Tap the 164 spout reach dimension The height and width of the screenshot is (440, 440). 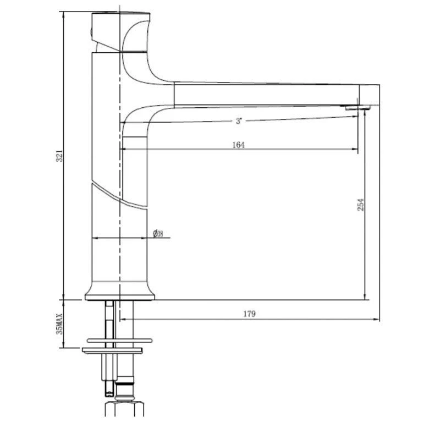point(239,145)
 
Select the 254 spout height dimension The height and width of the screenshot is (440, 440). point(361,205)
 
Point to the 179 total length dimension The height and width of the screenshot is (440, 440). point(249,314)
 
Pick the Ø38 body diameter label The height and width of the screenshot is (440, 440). point(158,234)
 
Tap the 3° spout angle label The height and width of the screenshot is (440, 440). point(239,121)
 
